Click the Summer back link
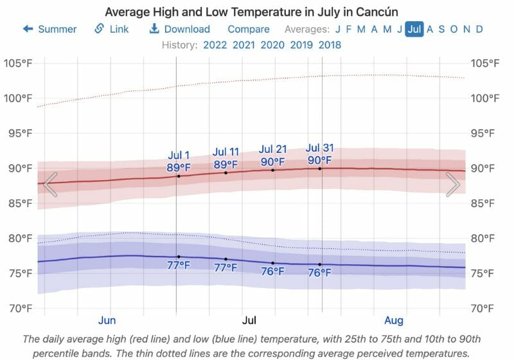click(50, 29)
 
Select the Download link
click(180, 29)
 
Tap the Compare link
click(249, 29)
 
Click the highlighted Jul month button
click(414, 29)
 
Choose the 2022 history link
click(215, 45)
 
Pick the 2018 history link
click(329, 45)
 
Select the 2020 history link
click(272, 45)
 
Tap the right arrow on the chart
click(453, 184)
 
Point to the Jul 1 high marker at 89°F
click(179, 175)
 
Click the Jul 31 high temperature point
click(320, 168)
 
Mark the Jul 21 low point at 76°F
click(272, 263)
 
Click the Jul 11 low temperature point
click(226, 259)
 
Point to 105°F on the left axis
click(19, 64)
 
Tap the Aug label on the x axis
click(394, 320)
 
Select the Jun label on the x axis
click(107, 320)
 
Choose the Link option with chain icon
click(112, 29)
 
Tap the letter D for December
click(479, 29)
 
